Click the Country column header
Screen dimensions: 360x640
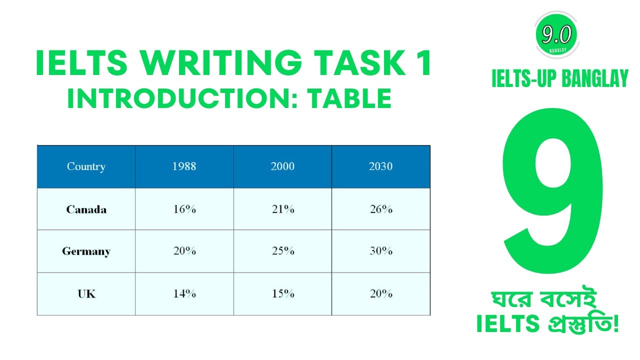pyautogui.click(x=86, y=166)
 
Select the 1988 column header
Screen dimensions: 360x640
pyautogui.click(x=184, y=166)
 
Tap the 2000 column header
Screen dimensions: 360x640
pyautogui.click(x=282, y=166)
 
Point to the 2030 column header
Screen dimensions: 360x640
pyautogui.click(x=380, y=166)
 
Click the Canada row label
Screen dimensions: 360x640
pyautogui.click(x=86, y=209)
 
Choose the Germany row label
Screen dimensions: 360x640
pyautogui.click(x=86, y=251)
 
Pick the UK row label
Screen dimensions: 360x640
pyautogui.click(x=86, y=293)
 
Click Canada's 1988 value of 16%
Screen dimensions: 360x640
pyautogui.click(x=184, y=209)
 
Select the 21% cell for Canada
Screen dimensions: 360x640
pyautogui.click(x=282, y=209)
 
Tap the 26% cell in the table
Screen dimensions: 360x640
pyautogui.click(x=380, y=209)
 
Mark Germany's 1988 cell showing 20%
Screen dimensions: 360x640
pyautogui.click(x=184, y=251)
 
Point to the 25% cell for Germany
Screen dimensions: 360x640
pyautogui.click(x=282, y=251)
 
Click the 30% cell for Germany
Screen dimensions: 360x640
pyautogui.click(x=380, y=251)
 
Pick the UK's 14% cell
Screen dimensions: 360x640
pyautogui.click(x=184, y=293)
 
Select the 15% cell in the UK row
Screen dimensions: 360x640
pyautogui.click(x=282, y=293)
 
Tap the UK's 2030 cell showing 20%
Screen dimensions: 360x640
pyautogui.click(x=380, y=293)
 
